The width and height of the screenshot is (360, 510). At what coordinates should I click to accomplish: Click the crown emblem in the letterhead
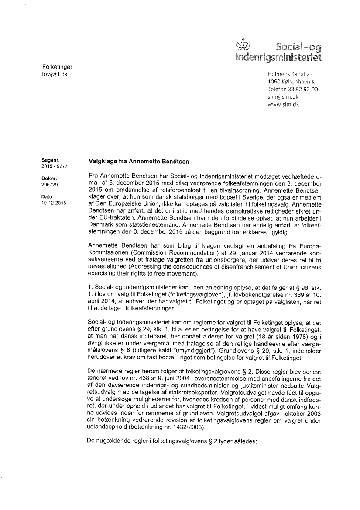click(x=246, y=45)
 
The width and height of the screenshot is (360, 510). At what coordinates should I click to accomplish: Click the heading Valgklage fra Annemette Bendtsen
click(x=139, y=161)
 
